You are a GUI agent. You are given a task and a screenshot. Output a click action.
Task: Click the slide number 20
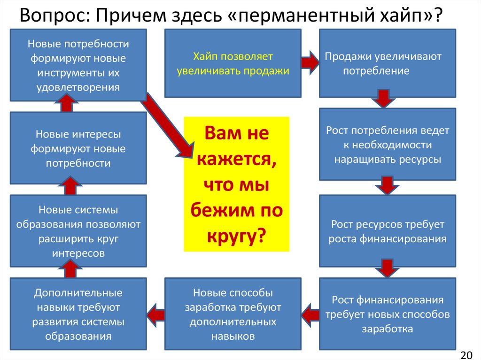click(468, 352)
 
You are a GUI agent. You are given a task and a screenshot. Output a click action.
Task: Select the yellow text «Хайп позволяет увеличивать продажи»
click(233, 64)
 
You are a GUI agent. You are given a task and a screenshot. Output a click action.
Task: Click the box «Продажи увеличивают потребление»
click(387, 63)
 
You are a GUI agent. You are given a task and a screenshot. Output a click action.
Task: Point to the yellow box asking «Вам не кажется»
click(236, 184)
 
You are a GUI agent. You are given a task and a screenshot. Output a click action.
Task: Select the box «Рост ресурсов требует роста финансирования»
click(387, 231)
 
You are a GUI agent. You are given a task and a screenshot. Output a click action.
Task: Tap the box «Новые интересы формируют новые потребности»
click(78, 148)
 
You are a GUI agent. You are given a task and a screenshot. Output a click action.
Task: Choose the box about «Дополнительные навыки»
click(78, 314)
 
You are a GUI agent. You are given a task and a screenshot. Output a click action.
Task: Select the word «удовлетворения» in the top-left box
click(78, 87)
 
